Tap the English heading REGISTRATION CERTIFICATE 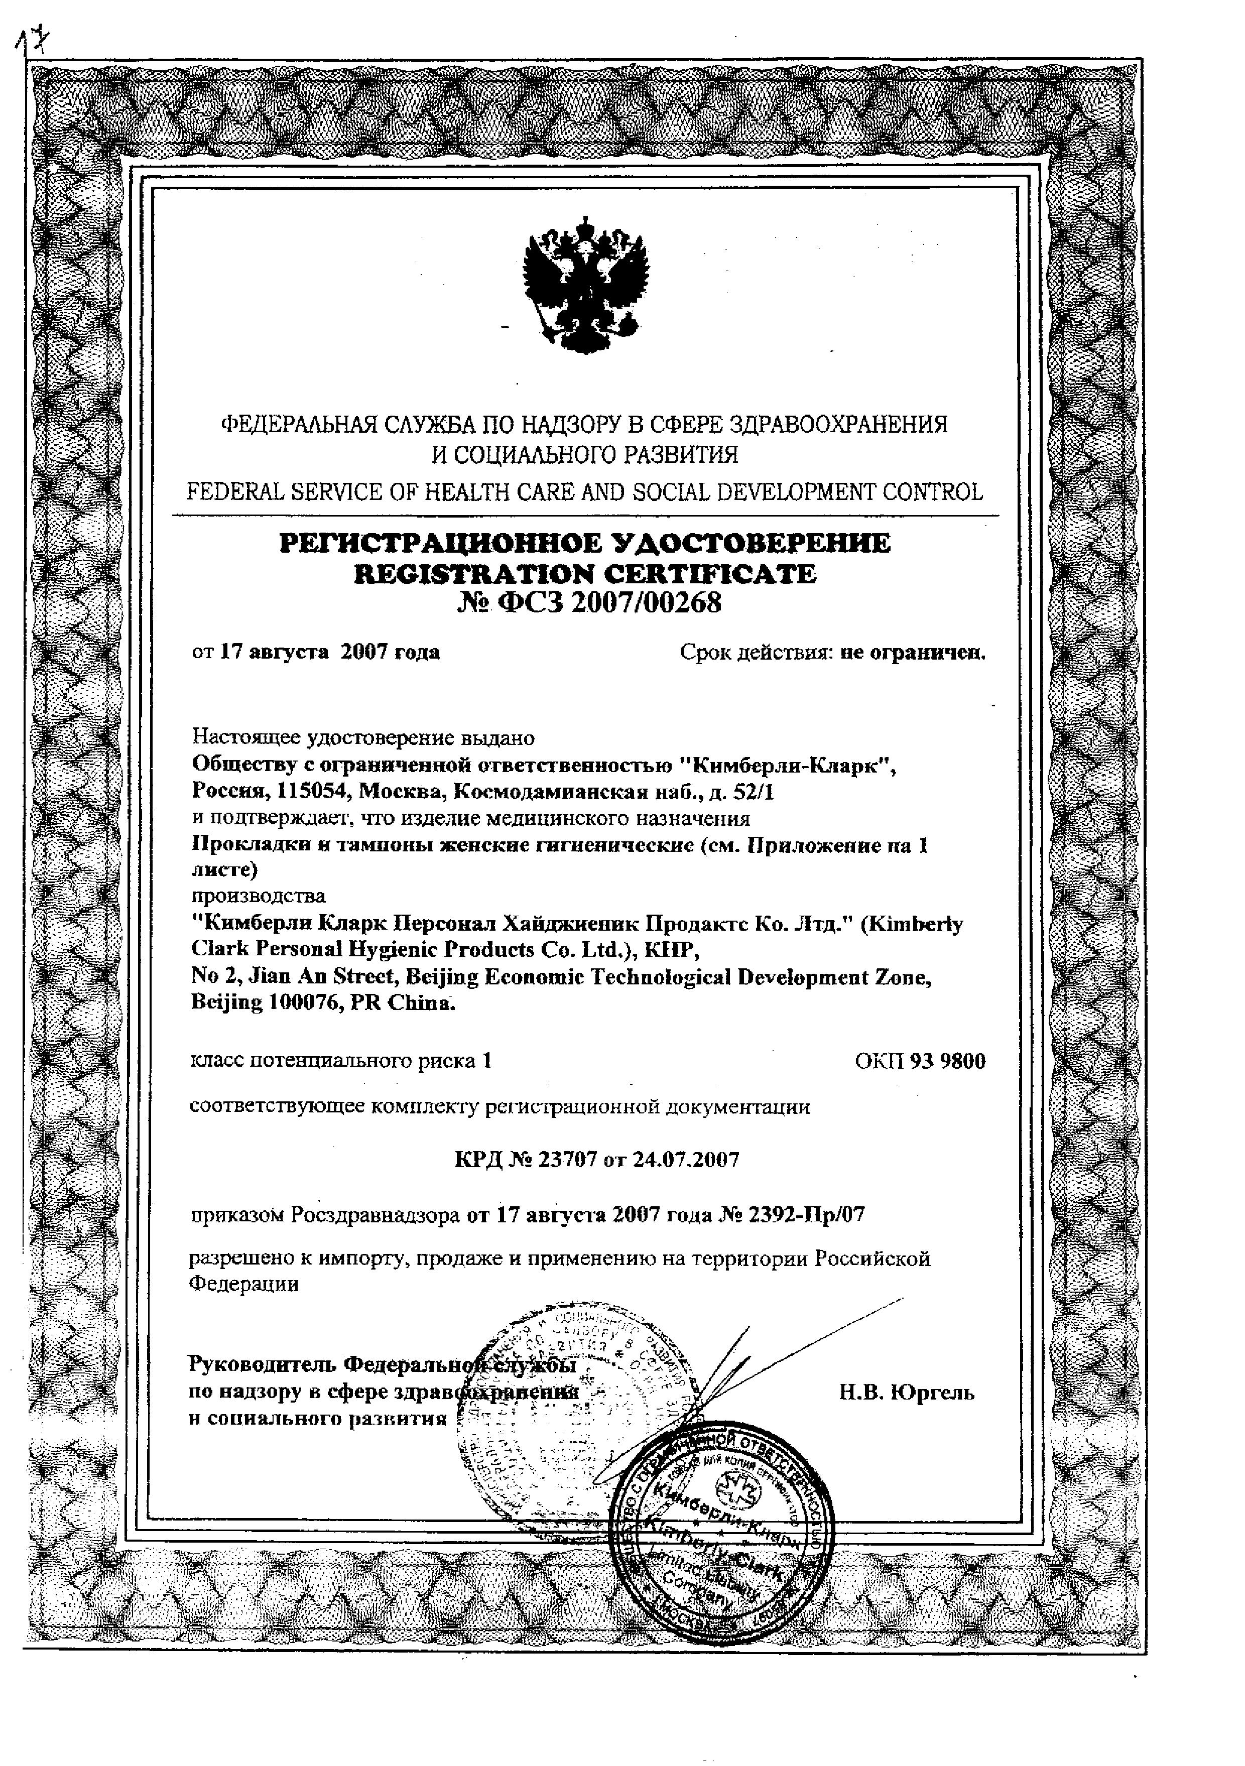[x=584, y=574]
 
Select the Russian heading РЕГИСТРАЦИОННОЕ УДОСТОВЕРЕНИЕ [x=584, y=543]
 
